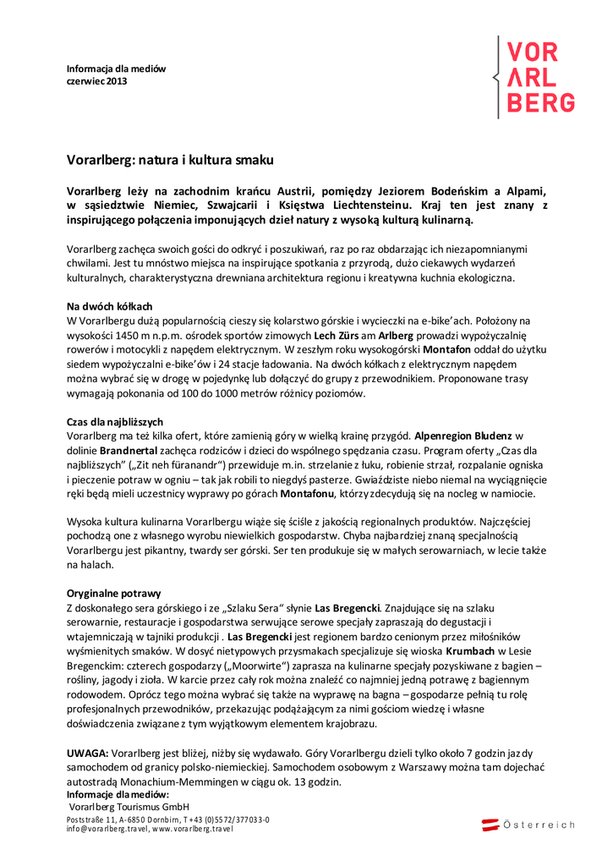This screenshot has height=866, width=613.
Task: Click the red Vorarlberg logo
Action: (540, 77)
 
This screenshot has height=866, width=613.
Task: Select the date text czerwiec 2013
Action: (97, 81)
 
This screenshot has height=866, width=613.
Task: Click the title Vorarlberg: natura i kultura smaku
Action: (170, 158)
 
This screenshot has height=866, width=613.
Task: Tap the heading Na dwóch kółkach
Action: (109, 306)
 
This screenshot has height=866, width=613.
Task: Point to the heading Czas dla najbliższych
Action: (115, 421)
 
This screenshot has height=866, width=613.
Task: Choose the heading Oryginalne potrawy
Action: (113, 594)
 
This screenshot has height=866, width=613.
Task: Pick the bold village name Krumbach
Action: (468, 651)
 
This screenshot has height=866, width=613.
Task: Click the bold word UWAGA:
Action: (87, 752)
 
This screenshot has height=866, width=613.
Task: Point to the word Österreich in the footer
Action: (539, 825)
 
